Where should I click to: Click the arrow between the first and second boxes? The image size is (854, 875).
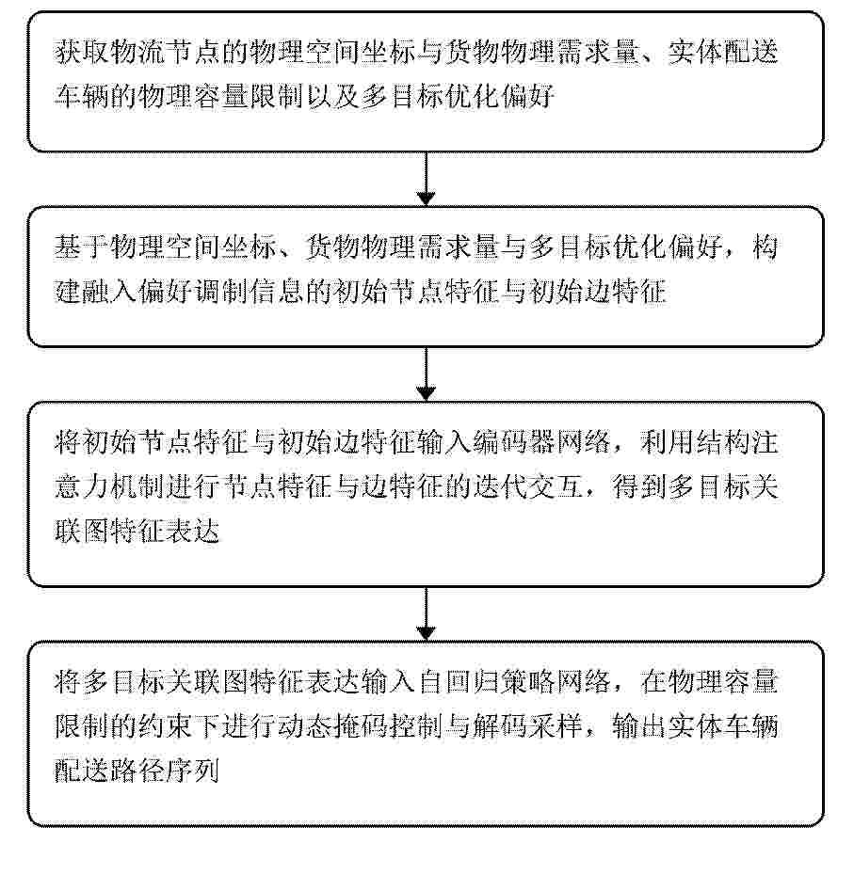click(x=427, y=179)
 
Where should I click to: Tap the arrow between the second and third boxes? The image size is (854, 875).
click(x=427, y=374)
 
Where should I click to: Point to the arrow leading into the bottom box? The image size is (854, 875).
click(x=427, y=613)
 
